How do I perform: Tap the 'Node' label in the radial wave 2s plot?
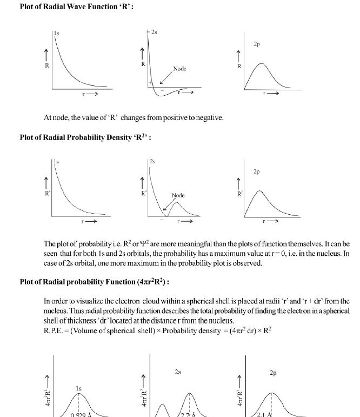tap(179, 69)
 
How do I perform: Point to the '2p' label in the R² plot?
tap(257, 171)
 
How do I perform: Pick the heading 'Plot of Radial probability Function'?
tap(95, 281)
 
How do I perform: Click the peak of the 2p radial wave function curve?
tap(261, 64)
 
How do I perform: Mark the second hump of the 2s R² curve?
tap(176, 203)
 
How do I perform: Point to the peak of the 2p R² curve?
tap(260, 191)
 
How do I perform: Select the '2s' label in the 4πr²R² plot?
tap(178, 372)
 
